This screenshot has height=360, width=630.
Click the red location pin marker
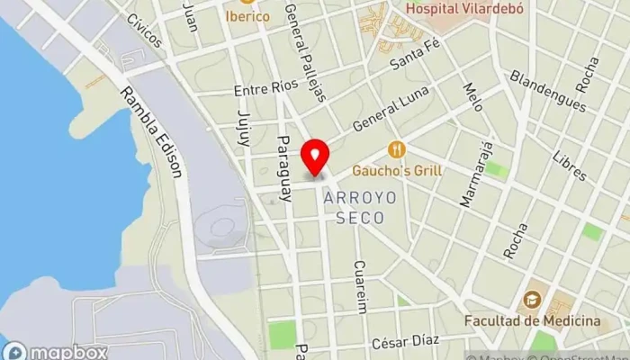pos(315,156)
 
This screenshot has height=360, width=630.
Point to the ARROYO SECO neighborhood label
pos(354,207)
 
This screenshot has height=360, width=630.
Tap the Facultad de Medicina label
pos(532,321)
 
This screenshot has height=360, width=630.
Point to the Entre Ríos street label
pos(265,90)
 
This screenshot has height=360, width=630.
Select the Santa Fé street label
pos(413,62)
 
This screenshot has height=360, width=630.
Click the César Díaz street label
pos(405,340)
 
